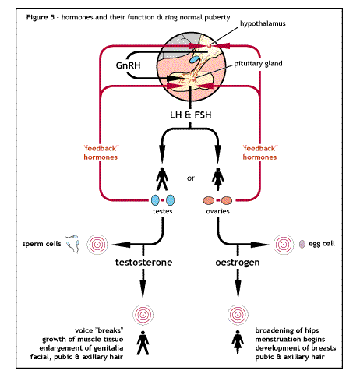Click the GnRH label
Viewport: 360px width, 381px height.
[x=128, y=65]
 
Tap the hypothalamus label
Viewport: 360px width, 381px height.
[x=263, y=23]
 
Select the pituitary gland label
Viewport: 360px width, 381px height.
[x=258, y=64]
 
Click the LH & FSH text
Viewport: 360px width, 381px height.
[x=191, y=115]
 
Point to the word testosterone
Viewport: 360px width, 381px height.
[x=144, y=262]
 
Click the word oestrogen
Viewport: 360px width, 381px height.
[x=238, y=263]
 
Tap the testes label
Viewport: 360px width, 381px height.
[x=163, y=211]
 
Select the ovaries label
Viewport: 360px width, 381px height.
[x=217, y=211]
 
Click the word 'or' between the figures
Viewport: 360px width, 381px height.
[x=191, y=178]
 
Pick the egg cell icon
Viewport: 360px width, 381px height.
[x=302, y=244]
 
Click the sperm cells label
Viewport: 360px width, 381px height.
[x=41, y=244]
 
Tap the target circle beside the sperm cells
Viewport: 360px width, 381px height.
[x=97, y=245]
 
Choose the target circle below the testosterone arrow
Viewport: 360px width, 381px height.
[x=143, y=315]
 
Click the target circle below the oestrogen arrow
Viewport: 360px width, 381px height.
[x=238, y=315]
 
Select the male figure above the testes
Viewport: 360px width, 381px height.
[x=162, y=179]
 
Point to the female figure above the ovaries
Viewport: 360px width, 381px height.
[x=218, y=179]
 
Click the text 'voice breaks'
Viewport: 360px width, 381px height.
[x=99, y=330]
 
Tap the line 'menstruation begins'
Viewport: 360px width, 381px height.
[x=290, y=340]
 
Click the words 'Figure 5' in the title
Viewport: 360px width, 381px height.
[x=41, y=17]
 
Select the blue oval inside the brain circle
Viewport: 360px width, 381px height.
[x=194, y=59]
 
